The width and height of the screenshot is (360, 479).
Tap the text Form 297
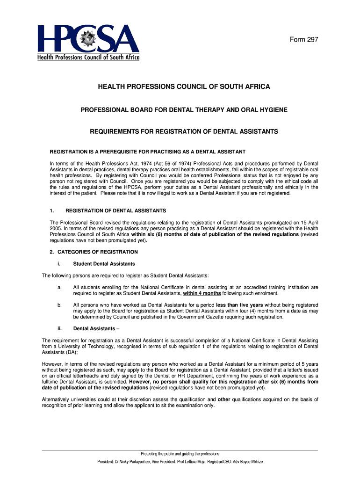(304, 40)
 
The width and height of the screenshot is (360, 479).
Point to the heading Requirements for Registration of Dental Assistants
(184, 132)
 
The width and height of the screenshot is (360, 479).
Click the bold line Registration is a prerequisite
(148, 152)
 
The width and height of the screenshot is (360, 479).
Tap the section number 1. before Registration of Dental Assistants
(52, 210)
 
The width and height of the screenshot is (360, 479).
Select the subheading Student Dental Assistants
(104, 264)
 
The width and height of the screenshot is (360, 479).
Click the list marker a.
(59, 287)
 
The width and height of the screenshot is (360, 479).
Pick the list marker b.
(59, 305)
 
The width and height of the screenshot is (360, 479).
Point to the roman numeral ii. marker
(59, 328)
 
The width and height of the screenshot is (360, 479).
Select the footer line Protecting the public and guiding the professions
(180, 454)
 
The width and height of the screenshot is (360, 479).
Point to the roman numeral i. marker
(59, 264)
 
